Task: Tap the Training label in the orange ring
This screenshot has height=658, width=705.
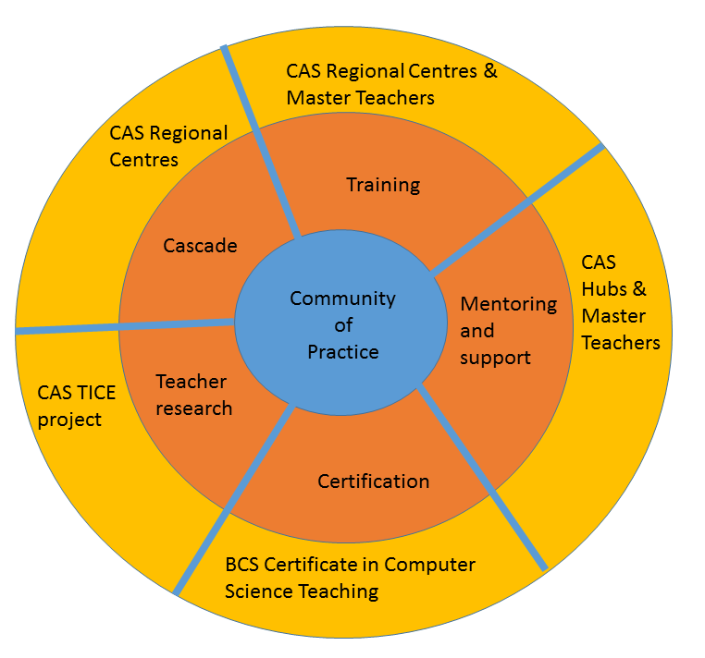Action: click(x=383, y=185)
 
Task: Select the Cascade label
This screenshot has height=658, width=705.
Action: click(x=200, y=246)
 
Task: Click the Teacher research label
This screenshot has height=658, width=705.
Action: click(x=193, y=395)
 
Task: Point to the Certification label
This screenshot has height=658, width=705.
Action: click(x=374, y=481)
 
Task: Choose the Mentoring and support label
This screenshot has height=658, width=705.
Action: click(x=508, y=330)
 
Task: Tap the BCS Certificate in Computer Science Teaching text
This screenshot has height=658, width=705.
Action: click(x=350, y=578)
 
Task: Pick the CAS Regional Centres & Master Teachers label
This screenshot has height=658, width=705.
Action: click(x=390, y=84)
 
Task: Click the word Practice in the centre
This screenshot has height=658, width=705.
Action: click(x=343, y=352)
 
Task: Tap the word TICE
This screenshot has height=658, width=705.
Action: click(x=95, y=392)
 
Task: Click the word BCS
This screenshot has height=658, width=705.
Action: click(x=244, y=565)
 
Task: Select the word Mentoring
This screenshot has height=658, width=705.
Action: click(x=509, y=304)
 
